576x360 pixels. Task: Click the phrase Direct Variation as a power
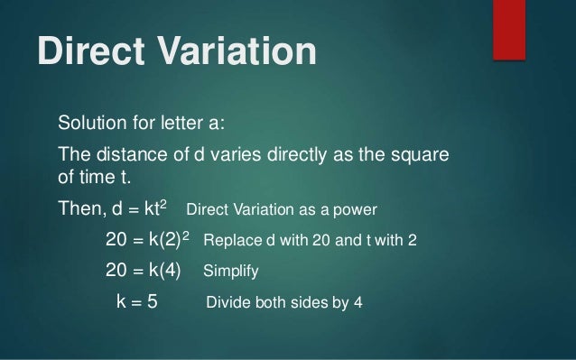(281, 211)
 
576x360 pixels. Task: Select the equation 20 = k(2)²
(147, 241)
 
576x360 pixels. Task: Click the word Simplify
(233, 272)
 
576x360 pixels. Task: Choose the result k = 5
(137, 301)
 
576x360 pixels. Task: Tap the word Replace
(232, 242)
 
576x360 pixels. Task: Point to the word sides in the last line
(311, 302)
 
